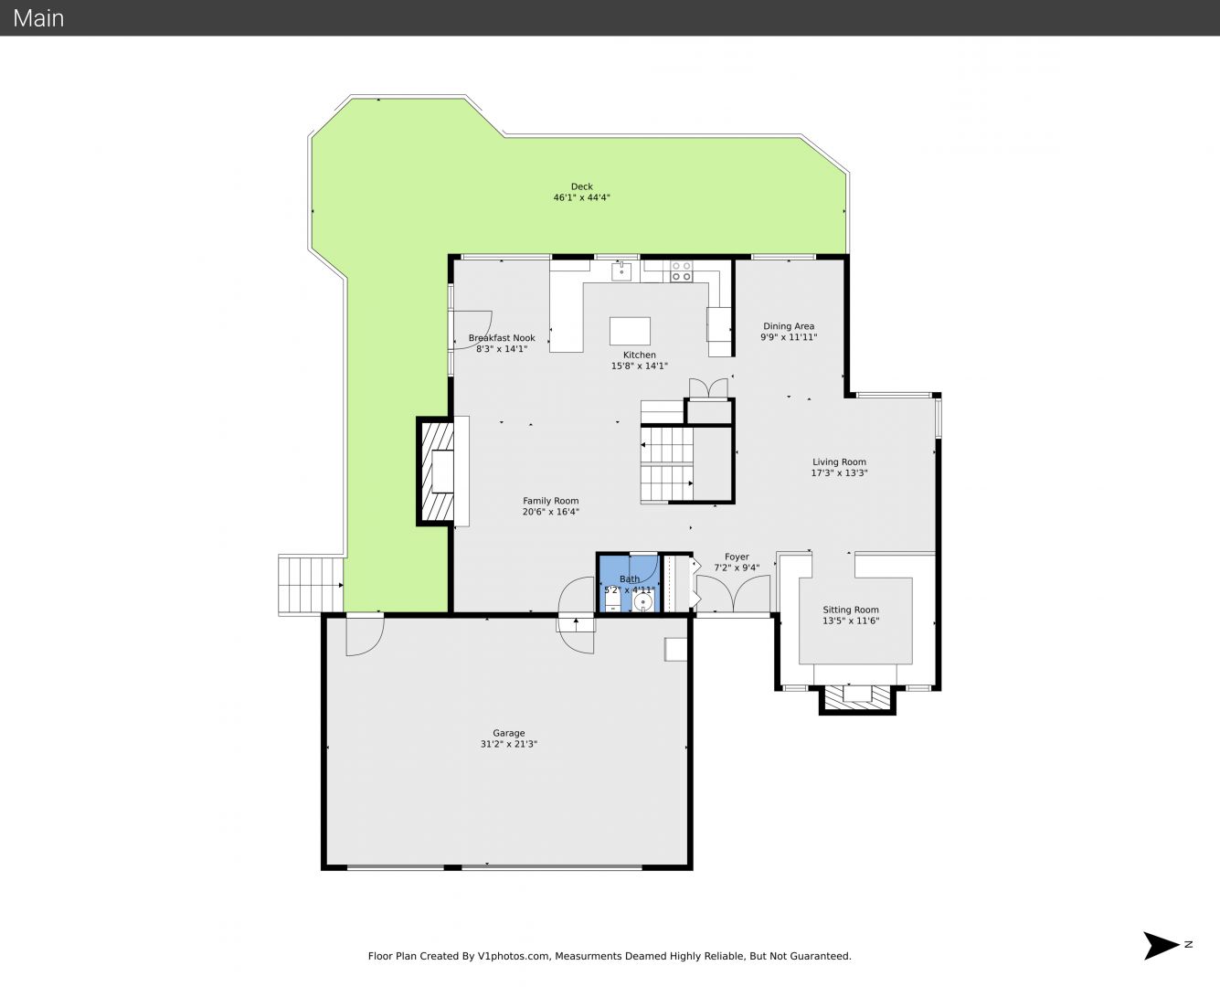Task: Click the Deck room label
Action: [581, 186]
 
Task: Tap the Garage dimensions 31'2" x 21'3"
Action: [509, 744]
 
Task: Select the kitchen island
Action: [630, 331]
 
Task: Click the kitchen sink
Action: [621, 271]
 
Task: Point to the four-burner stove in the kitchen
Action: [681, 271]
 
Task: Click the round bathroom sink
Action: [643, 602]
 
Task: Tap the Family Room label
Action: [550, 501]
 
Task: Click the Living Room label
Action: [839, 462]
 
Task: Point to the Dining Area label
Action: [789, 326]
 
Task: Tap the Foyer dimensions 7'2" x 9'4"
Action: [737, 568]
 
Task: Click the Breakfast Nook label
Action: [502, 338]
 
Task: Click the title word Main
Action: [38, 18]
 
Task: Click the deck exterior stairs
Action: [311, 585]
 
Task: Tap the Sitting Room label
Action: [851, 610]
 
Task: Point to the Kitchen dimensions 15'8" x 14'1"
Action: [639, 366]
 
